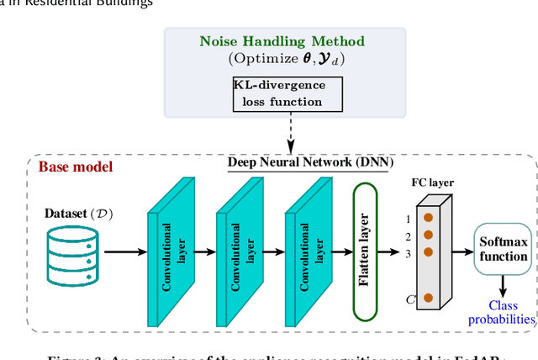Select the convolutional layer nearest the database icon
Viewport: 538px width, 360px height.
tap(174, 244)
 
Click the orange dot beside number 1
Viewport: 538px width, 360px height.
tap(429, 220)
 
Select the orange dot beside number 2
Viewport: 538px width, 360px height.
tap(429, 236)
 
